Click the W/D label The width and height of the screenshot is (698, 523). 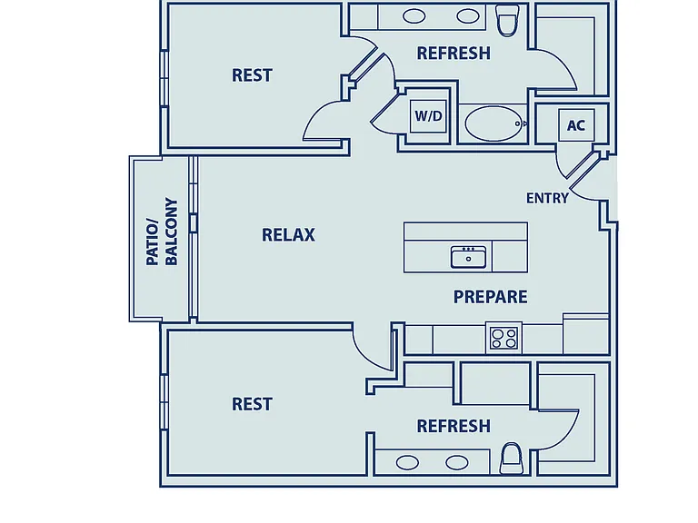428,116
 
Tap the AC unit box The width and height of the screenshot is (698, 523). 576,125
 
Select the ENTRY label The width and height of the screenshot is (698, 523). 547,198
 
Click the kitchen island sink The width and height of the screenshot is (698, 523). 468,257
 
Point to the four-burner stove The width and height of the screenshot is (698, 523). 504,338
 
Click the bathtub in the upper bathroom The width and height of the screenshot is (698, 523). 494,123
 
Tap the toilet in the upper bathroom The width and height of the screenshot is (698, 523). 507,20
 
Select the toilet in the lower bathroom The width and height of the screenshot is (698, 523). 512,458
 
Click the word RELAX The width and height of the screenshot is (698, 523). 288,235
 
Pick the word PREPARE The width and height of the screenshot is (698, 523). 490,297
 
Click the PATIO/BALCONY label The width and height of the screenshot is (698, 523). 162,232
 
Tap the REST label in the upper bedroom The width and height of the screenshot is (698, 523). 252,75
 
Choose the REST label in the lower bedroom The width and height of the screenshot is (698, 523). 252,404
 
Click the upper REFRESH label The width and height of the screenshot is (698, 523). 454,54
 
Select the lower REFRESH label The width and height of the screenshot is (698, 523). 454,426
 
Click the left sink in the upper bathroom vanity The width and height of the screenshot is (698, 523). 414,16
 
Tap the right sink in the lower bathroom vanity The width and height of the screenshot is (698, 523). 457,462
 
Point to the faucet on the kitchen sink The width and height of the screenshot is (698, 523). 468,249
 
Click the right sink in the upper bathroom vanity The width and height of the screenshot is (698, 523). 468,16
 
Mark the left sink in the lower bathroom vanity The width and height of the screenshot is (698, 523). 407,462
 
